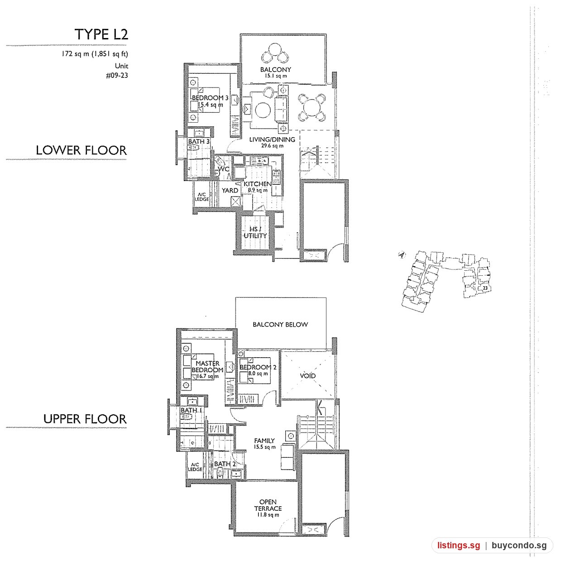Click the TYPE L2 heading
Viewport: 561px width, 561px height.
[x=101, y=34]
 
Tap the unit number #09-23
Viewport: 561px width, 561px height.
[x=117, y=76]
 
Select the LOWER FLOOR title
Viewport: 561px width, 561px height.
[x=81, y=150]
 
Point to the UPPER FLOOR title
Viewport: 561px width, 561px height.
[x=85, y=419]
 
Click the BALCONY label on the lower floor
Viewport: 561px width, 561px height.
[x=276, y=70]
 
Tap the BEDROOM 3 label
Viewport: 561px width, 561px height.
[x=210, y=98]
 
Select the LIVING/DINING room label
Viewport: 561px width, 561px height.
[x=272, y=139]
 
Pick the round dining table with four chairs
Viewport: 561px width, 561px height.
[x=312, y=107]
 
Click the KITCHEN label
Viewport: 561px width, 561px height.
[x=258, y=184]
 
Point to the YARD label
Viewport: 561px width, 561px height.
[x=230, y=191]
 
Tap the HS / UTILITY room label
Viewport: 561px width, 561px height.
[x=255, y=232]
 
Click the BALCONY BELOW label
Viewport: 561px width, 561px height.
[x=280, y=324]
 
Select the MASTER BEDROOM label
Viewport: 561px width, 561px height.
[x=207, y=366]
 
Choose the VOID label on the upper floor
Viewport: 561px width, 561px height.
[x=308, y=376]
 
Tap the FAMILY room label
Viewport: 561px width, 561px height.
[x=264, y=441]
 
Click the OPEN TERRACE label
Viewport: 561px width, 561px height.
[x=268, y=505]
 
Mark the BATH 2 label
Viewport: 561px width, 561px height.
[x=225, y=464]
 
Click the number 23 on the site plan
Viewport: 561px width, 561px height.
[x=485, y=288]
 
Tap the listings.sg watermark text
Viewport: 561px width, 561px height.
[x=459, y=545]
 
